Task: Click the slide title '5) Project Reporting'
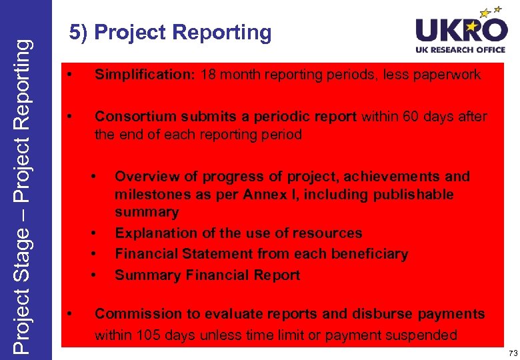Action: tap(171, 33)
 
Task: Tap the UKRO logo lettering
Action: tap(461, 31)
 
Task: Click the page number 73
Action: tap(511, 352)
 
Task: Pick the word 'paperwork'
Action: tap(447, 75)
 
